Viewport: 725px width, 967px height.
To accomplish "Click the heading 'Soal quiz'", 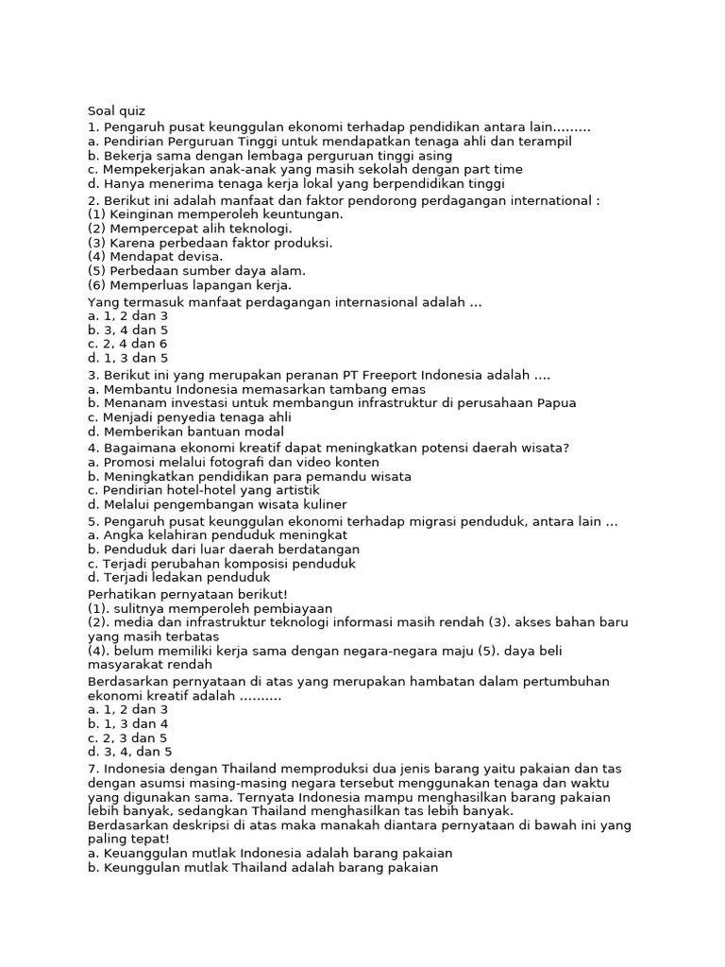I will click(x=116, y=110).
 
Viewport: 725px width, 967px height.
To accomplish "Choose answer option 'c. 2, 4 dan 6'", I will click(x=127, y=345).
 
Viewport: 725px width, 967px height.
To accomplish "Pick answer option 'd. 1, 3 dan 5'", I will click(x=127, y=359).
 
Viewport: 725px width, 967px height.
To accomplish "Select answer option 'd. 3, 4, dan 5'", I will click(x=130, y=753).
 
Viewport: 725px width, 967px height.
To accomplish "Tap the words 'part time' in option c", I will click(x=492, y=170).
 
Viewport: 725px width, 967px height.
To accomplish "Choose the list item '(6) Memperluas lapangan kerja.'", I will click(x=190, y=285).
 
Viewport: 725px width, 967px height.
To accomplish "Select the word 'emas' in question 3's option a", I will click(x=411, y=389).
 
